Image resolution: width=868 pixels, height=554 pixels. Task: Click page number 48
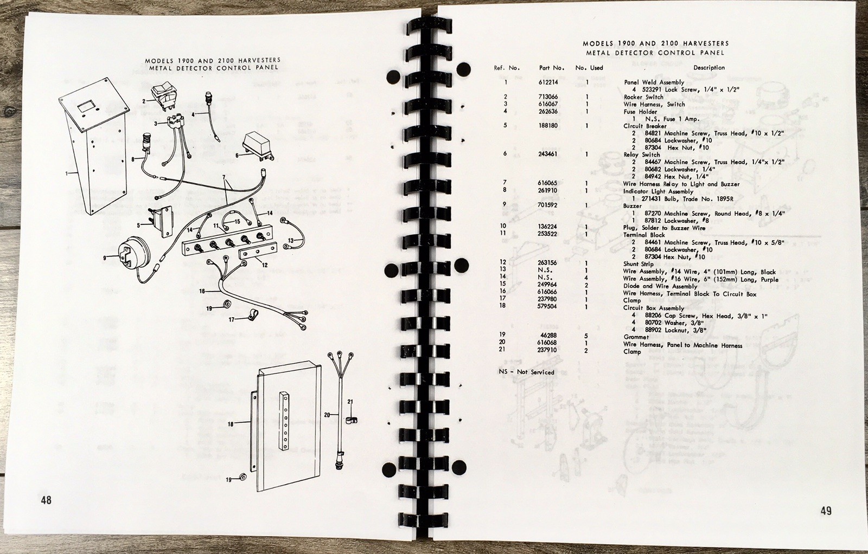point(46,500)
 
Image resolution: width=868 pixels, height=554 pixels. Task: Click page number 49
point(826,511)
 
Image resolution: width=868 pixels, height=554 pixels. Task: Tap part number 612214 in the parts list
point(548,82)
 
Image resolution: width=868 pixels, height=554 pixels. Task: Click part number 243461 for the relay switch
point(548,154)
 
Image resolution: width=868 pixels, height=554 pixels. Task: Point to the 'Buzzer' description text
point(632,206)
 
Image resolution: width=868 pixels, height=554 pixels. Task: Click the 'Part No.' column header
point(551,68)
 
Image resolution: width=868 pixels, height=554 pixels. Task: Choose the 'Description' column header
point(709,67)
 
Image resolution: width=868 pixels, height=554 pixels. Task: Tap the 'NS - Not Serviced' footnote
point(527,372)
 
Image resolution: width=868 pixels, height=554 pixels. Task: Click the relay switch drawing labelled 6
point(258,147)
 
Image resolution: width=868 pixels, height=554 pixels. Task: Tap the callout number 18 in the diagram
point(231,424)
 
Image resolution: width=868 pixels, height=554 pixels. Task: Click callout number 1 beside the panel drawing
point(66,173)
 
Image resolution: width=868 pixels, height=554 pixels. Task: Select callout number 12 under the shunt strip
point(265,265)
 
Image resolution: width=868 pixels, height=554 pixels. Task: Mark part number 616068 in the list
point(548,343)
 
